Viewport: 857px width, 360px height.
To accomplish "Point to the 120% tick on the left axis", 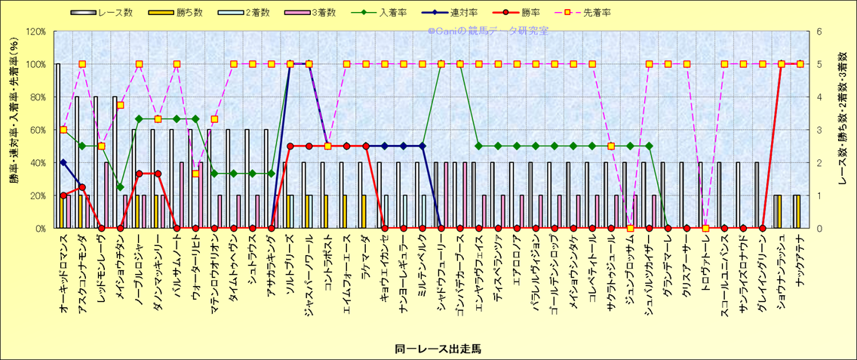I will pyautogui.click(x=35, y=32).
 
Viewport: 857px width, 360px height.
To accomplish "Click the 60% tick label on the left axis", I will pyautogui.click(x=37, y=130).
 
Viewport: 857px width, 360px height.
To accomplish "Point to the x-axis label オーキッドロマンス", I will pyautogui.click(x=64, y=276).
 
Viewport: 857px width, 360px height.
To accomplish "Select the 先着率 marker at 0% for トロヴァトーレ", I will pyautogui.click(x=705, y=228).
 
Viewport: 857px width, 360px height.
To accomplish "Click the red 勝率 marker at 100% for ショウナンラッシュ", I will pyautogui.click(x=781, y=64).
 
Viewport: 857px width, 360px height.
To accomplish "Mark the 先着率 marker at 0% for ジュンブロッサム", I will pyautogui.click(x=630, y=228).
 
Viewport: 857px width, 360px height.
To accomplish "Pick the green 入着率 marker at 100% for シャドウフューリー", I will pyautogui.click(x=441, y=64).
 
